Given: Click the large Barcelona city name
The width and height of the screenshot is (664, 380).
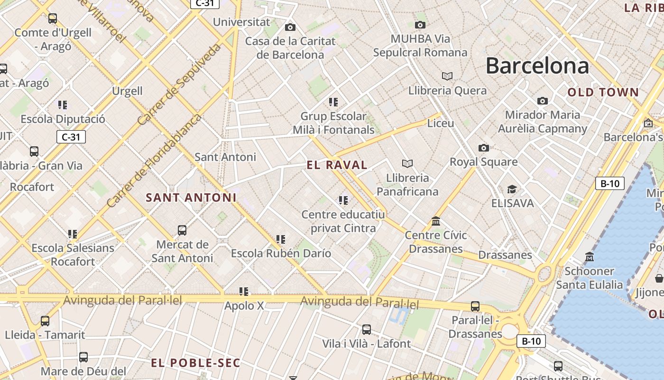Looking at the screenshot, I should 537,66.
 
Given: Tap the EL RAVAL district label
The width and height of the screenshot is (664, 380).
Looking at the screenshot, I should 337,165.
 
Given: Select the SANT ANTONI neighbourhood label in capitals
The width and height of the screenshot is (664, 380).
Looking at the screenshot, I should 191,198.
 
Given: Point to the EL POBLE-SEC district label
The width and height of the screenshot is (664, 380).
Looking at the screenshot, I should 195,363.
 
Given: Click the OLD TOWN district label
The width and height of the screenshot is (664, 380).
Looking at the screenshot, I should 603,93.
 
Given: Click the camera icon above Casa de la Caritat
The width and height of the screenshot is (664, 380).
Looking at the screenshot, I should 290,28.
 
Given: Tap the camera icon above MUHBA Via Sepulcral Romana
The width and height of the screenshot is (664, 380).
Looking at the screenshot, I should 420,25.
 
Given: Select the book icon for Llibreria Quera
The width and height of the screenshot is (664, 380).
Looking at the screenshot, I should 447,76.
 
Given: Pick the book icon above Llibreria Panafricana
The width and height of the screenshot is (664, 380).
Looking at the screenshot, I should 407,163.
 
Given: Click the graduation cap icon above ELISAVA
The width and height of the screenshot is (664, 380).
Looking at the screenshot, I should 512,190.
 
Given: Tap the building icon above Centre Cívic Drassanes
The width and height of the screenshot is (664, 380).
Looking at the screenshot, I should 436,221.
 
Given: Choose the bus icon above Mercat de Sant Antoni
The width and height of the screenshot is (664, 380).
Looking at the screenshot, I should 182,230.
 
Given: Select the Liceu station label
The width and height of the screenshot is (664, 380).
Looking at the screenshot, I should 441,123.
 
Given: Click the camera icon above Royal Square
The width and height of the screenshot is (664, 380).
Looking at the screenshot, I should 483,148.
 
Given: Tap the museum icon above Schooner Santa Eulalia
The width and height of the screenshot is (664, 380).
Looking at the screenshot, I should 590,257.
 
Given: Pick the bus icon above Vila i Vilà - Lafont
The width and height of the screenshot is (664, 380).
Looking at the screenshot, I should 366,329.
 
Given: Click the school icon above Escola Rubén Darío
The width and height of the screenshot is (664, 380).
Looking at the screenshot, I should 281,239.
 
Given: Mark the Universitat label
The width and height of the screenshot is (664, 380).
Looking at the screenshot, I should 241,22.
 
